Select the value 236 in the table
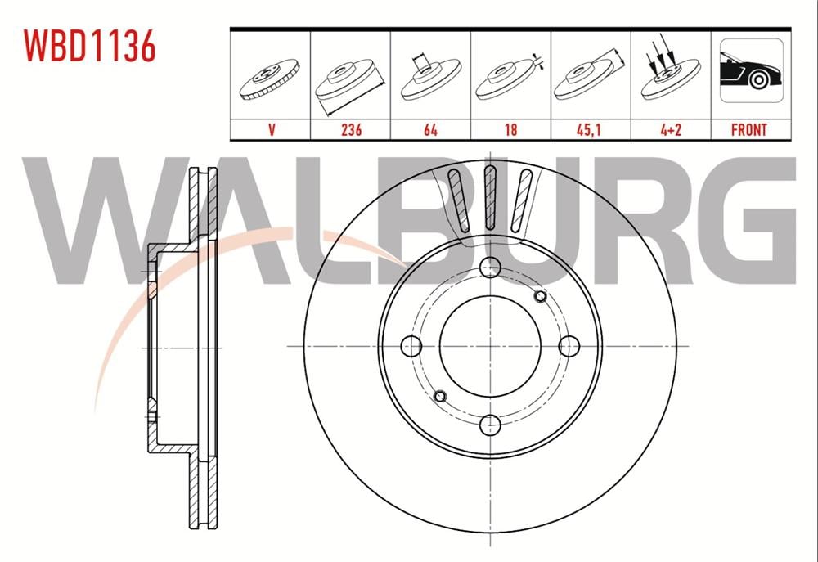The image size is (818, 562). tap(351, 129)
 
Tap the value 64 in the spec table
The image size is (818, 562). tap(430, 129)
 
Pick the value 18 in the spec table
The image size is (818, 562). tap(510, 129)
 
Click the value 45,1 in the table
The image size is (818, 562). tap(591, 129)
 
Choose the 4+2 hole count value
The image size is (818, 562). tap(670, 129)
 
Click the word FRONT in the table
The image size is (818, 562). tap(748, 129)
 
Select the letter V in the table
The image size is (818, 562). tap(270, 129)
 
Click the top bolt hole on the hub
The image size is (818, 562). tap(489, 267)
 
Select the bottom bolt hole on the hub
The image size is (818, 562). tap(489, 424)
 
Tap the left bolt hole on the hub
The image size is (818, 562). tap(411, 345)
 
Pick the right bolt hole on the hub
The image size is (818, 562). tap(568, 345)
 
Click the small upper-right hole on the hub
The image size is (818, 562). tap(539, 295)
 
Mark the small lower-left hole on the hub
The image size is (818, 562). tap(439, 396)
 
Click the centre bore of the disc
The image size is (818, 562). tap(489, 345)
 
